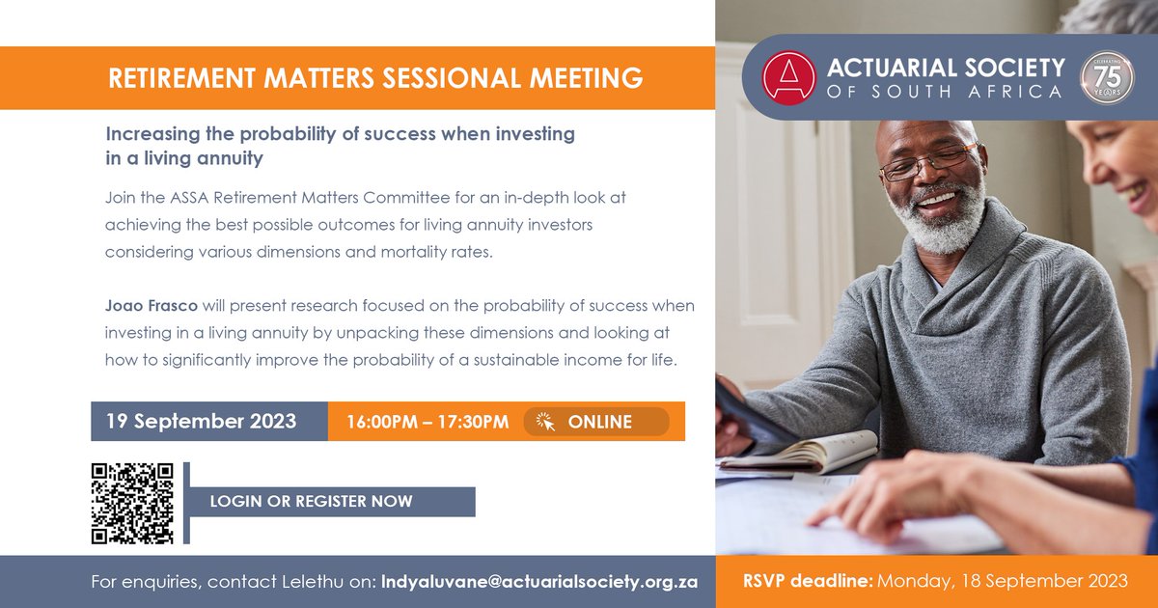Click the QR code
click(x=132, y=503)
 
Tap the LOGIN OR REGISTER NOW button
click(x=311, y=502)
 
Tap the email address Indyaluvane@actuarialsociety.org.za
click(x=539, y=582)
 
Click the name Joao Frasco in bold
click(x=152, y=306)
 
